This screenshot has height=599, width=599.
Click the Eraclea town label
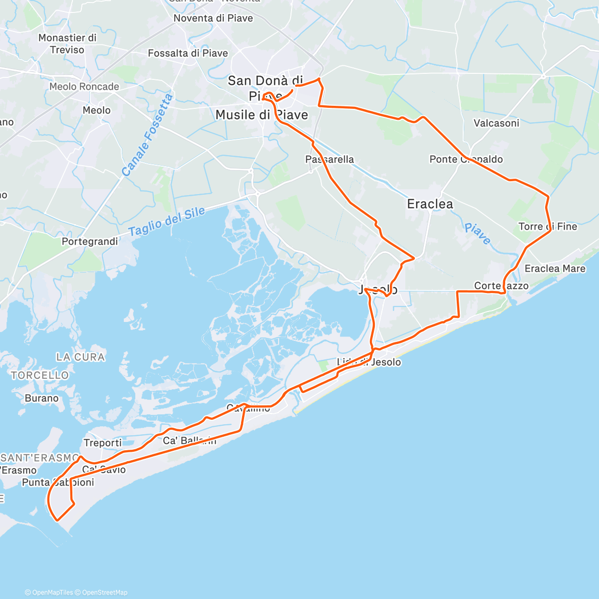[x=430, y=204]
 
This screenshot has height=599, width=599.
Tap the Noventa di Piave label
[x=213, y=18]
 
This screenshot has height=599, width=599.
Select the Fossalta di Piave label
[x=188, y=53]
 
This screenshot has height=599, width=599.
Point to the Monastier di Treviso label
[x=67, y=43]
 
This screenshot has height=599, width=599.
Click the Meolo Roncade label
[x=84, y=86]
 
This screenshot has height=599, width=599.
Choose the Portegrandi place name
[x=90, y=241]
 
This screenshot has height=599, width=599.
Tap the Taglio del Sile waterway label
[x=167, y=221]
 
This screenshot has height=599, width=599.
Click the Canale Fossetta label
[x=147, y=135]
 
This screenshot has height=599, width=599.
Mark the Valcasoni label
[x=496, y=123]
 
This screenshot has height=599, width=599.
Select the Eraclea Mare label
[x=555, y=269]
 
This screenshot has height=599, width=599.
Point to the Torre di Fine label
[x=548, y=227]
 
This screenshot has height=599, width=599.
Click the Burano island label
[x=41, y=398]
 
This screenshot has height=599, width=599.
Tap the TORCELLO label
[x=40, y=375]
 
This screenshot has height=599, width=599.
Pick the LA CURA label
[x=80, y=357]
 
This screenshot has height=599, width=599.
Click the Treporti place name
[x=102, y=443]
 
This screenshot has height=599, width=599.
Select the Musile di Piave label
[x=262, y=115]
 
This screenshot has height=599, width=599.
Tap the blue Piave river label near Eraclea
[x=477, y=234]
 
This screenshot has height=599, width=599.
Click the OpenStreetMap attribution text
[x=104, y=593]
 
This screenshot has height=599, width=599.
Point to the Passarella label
[x=329, y=159]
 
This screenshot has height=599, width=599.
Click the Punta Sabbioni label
[x=58, y=482]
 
